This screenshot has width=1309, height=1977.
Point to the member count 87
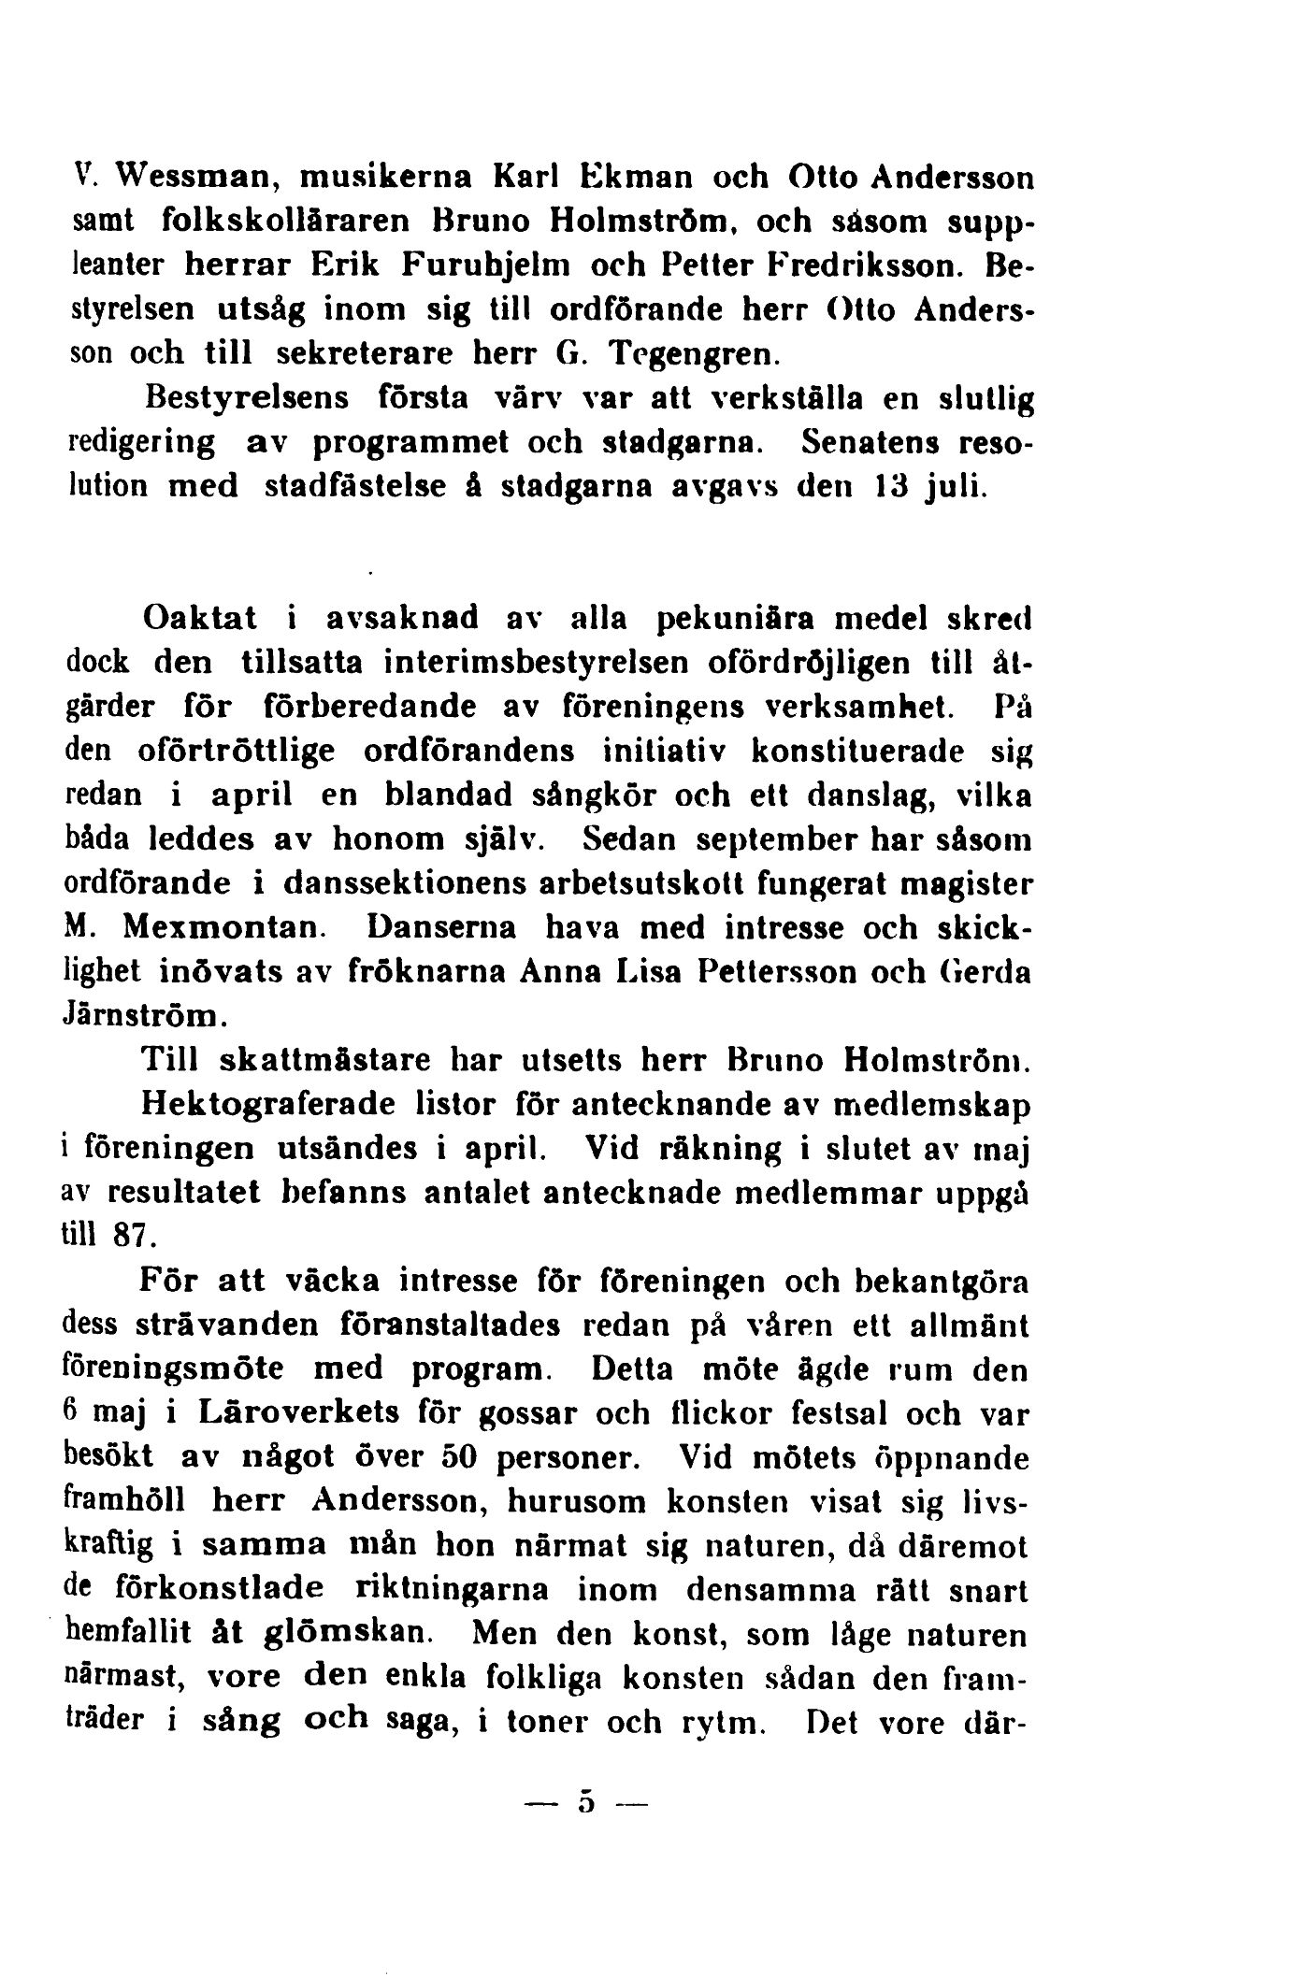131,1238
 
